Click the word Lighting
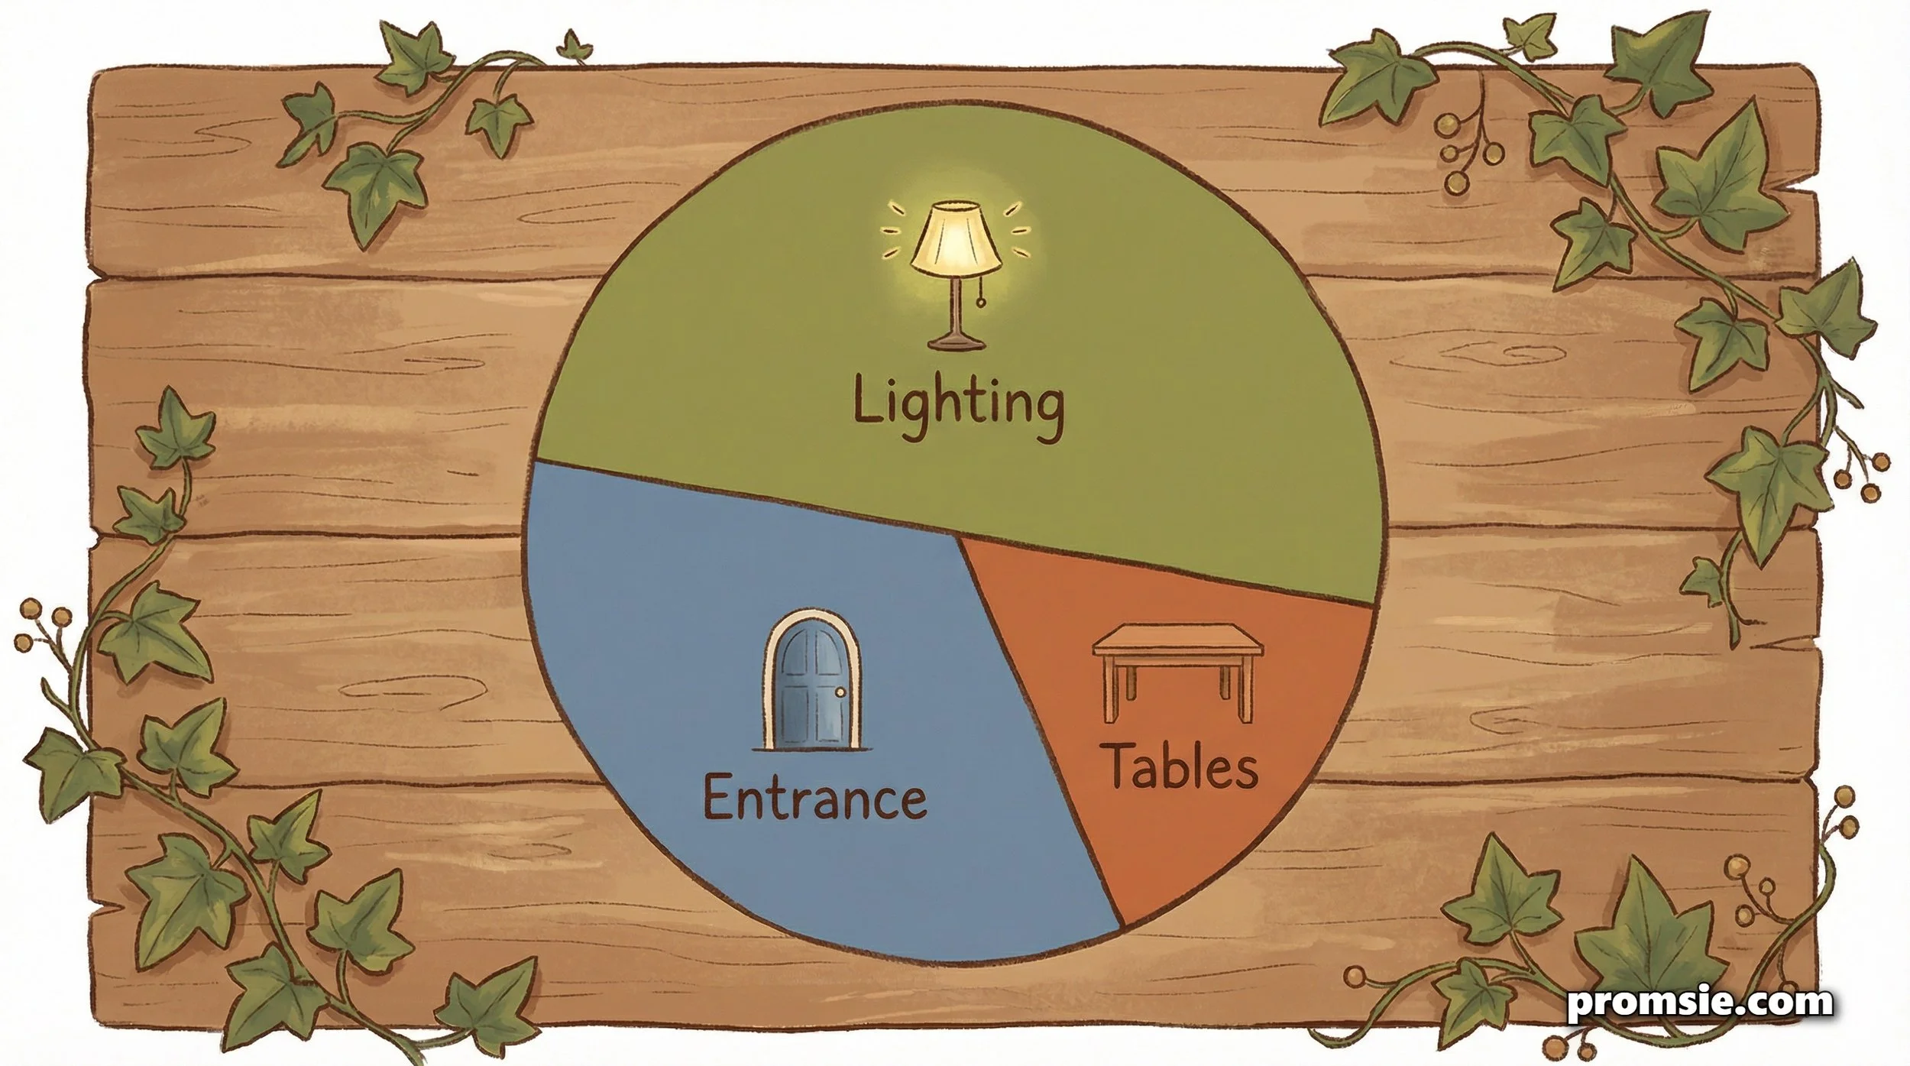click(x=957, y=404)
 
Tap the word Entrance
click(x=814, y=799)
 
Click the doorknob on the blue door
click(x=841, y=693)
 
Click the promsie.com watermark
click(x=1700, y=1002)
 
